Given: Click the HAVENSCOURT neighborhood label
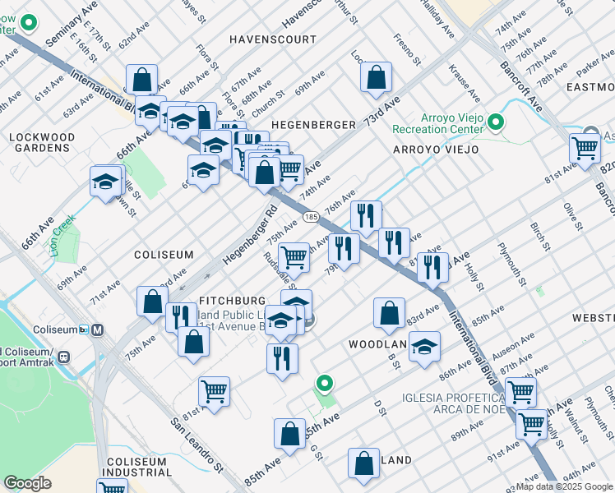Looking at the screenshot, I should (272, 39).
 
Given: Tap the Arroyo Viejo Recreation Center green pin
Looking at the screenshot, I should (495, 123).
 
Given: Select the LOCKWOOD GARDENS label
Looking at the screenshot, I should (42, 142).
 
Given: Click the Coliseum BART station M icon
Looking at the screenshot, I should (98, 330).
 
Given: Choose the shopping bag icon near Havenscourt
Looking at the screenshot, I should (375, 78).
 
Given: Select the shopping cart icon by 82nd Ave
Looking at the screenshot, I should (584, 149).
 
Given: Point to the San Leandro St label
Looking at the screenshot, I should (198, 445).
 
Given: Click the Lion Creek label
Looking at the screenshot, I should (65, 235).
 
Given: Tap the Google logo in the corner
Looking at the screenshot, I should (27, 483).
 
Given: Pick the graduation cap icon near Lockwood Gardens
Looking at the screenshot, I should (106, 181).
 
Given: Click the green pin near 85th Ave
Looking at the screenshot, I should (326, 384).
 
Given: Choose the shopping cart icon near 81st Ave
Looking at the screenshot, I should (214, 391).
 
